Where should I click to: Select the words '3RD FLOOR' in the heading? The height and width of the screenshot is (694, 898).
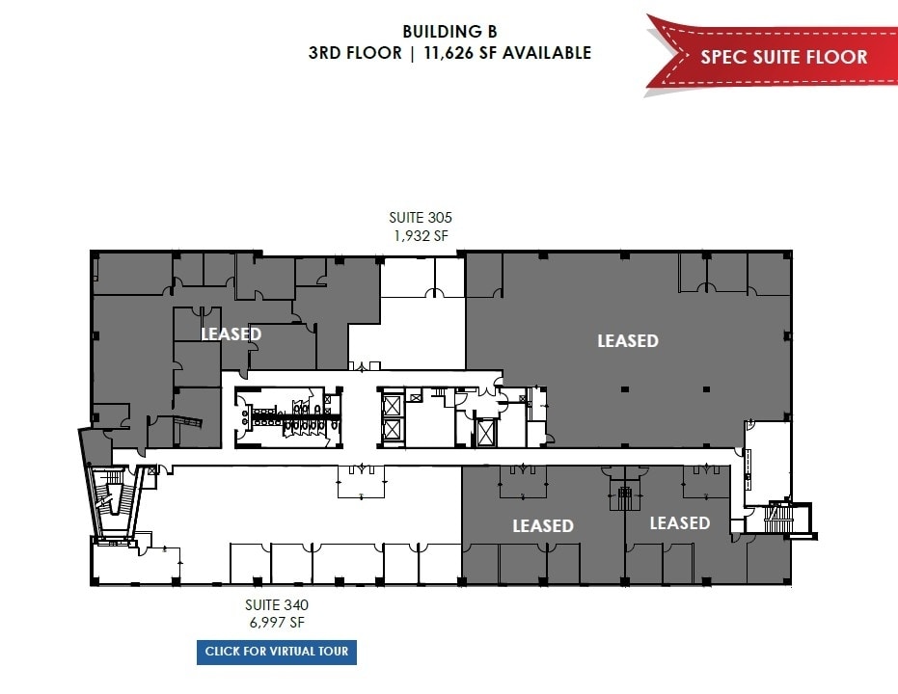355,53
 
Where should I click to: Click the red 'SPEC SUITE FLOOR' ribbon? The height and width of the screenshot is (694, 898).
782,56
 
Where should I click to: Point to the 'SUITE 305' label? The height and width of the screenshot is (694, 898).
420,218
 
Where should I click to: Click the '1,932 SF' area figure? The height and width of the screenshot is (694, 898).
420,235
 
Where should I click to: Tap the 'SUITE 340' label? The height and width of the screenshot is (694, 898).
276,605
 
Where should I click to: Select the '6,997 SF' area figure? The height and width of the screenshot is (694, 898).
276,623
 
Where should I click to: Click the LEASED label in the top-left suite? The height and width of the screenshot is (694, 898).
231,334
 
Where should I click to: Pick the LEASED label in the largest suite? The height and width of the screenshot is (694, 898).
627,340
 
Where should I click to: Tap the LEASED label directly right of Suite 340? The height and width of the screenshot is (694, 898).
542,525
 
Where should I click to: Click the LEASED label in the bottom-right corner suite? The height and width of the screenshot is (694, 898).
679,522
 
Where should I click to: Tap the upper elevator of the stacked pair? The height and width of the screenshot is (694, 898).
393,405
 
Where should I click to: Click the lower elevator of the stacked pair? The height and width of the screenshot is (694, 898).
393,430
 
